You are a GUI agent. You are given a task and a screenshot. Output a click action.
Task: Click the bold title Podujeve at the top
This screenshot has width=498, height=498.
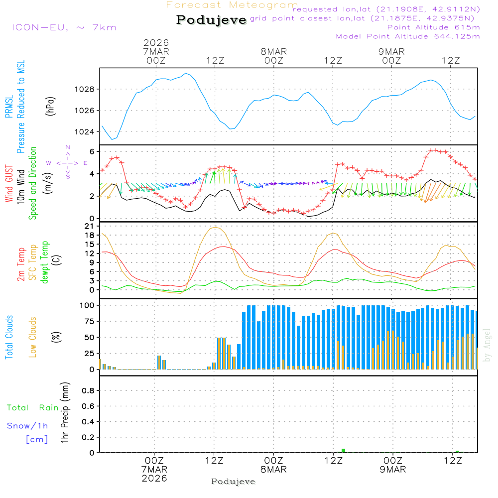212,20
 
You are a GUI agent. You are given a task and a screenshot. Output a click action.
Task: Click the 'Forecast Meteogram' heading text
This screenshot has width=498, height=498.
232,5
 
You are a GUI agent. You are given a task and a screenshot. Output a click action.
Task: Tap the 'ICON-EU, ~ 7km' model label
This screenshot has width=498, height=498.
64,27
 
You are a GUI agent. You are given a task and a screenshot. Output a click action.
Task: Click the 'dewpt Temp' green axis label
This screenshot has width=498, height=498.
45,262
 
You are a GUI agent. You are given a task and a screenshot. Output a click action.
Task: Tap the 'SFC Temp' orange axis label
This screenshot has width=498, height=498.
33,262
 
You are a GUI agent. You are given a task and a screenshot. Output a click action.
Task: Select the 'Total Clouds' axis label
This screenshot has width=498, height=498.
9,337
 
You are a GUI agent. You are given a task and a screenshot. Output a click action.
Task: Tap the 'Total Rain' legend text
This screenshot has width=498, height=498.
32,408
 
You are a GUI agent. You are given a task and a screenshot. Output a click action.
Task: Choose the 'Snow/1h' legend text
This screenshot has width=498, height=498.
27,426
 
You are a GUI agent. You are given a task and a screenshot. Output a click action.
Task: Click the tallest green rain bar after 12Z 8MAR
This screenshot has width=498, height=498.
343,451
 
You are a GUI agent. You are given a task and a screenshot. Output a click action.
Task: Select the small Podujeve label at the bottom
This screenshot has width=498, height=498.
233,482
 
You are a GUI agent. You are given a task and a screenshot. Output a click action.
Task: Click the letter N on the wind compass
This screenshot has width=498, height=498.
68,147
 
